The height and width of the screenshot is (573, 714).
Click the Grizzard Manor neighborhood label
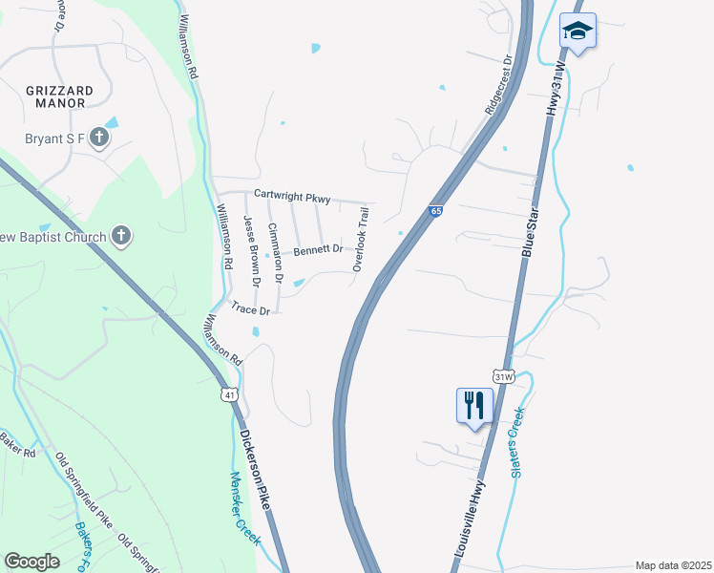tap(59, 96)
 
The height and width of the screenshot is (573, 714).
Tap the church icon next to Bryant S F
tap(99, 138)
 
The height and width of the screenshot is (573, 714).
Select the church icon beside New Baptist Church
tap(120, 236)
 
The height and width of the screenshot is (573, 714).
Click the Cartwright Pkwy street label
tap(291, 197)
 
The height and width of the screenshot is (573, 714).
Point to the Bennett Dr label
tap(318, 250)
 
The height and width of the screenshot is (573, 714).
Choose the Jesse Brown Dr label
tap(252, 251)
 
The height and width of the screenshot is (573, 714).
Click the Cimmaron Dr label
tap(275, 253)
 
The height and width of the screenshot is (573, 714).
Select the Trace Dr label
tap(251, 308)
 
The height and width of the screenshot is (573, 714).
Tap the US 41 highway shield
tap(229, 393)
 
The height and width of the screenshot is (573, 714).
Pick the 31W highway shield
tap(504, 376)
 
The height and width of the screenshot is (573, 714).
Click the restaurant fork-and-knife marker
tap(474, 406)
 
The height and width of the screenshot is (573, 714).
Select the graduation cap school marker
tap(578, 32)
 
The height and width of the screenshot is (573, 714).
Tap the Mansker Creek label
tap(244, 507)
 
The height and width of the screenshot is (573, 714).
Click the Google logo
tap(32, 562)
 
